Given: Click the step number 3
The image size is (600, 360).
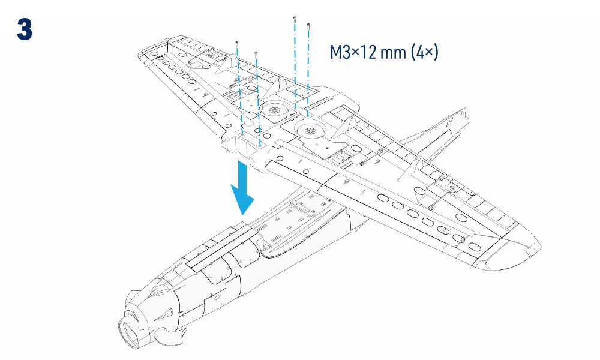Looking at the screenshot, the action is click(x=25, y=29).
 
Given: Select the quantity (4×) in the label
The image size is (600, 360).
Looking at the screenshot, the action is click(x=425, y=52).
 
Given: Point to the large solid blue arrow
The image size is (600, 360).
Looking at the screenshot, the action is click(x=242, y=187).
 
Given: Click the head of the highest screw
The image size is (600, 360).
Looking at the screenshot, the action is click(x=295, y=18).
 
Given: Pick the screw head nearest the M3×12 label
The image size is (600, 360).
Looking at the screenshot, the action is click(x=308, y=25).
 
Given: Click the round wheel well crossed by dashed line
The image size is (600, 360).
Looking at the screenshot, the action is click(x=274, y=110).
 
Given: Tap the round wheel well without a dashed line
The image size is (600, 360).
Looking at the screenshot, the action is click(x=310, y=131).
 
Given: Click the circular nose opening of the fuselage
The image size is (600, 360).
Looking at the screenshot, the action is click(x=130, y=334).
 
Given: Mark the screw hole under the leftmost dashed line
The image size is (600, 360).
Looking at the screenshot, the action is click(x=242, y=134).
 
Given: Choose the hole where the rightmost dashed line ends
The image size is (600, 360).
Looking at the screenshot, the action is click(x=308, y=113).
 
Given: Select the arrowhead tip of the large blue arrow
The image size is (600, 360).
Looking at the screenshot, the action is click(x=243, y=215).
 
